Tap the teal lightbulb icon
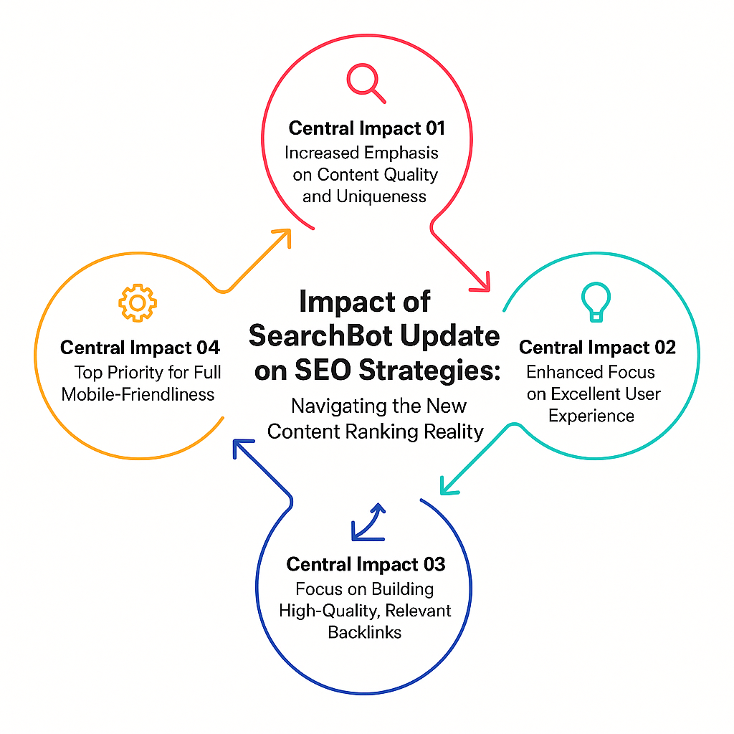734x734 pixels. point(596,302)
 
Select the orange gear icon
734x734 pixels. point(138,303)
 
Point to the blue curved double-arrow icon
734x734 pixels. point(368,523)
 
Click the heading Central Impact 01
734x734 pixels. point(366,128)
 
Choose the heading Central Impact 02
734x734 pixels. point(597,347)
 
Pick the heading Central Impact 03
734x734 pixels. point(366,564)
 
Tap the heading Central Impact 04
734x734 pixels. point(140,348)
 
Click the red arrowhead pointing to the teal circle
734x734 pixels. point(482,284)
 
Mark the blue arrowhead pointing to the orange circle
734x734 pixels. point(242,447)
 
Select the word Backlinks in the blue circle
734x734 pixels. point(365,632)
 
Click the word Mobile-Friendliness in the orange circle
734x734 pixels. point(138,394)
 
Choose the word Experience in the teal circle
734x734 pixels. point(591,416)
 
